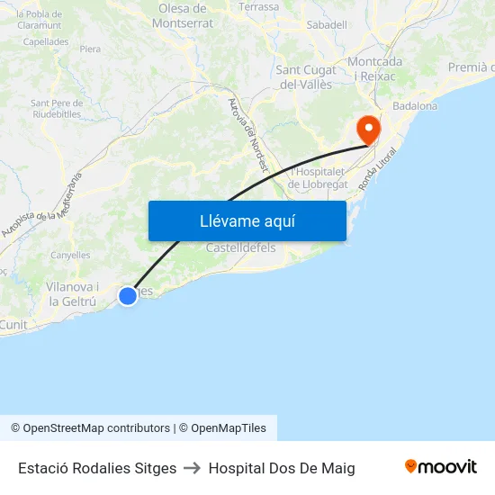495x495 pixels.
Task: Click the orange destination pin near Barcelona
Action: pos(368,129)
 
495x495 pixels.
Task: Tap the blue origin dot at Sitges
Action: pos(128,295)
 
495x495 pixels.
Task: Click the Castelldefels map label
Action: pos(240,247)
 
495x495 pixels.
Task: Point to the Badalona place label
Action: pos(415,106)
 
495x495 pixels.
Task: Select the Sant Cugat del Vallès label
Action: pos(306,77)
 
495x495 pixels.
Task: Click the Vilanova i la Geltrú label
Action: pos(71,294)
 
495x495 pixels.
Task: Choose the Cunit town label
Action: pos(13,324)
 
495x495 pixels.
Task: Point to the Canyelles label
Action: pos(70,256)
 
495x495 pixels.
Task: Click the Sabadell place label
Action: pos(327,25)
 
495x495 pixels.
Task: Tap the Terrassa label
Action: pos(259,6)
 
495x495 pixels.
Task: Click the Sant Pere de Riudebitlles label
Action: pos(56,109)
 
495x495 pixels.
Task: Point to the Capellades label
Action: pos(46,41)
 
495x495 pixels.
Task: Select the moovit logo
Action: pos(440,467)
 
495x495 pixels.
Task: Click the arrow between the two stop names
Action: pos(193,468)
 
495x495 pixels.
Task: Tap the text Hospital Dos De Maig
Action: pos(282,468)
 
